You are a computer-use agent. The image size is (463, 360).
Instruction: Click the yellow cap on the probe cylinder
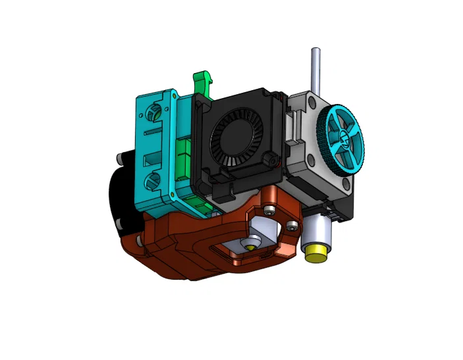point(316,253)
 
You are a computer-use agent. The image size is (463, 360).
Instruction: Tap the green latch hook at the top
point(202,85)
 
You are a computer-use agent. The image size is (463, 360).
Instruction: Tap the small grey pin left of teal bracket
point(121,158)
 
